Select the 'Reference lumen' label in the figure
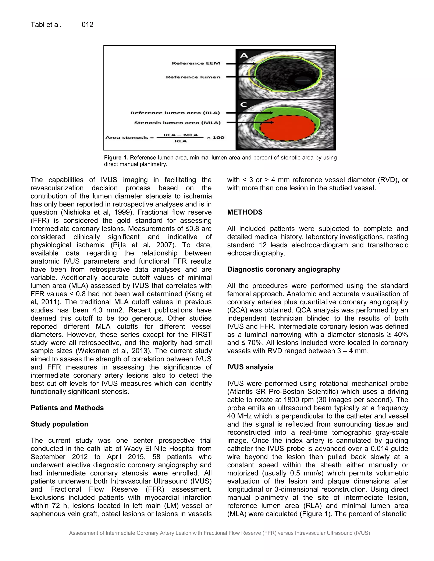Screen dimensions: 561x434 tap(193, 77)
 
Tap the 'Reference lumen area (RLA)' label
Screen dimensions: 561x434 tap(175, 113)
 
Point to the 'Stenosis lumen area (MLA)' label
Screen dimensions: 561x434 tap(177, 123)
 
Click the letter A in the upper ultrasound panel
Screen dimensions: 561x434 tap(244, 55)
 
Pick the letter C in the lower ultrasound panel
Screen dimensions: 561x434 tap(243, 105)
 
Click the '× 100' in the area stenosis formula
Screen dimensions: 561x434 tap(215, 138)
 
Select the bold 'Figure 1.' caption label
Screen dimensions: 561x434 tap(116, 158)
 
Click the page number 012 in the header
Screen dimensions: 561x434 tap(88, 25)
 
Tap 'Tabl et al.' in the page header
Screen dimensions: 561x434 tap(46, 25)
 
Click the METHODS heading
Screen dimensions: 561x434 tap(245, 212)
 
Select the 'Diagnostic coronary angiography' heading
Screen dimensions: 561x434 tap(284, 269)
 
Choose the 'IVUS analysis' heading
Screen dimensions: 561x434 tap(250, 367)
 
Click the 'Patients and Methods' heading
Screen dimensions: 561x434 tap(67, 408)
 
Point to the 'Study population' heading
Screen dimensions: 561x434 tap(59, 424)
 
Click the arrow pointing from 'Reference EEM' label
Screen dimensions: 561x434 tap(240, 64)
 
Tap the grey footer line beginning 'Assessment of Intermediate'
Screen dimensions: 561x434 tap(219, 533)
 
